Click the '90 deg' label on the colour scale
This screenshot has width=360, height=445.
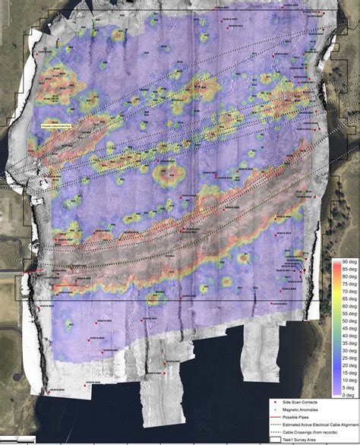349,263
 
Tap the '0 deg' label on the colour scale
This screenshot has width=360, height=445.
349,394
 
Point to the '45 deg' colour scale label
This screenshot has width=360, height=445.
349,329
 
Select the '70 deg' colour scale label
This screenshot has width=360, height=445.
349,292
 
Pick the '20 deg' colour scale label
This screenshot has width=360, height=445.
349,365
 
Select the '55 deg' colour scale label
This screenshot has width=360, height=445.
349,314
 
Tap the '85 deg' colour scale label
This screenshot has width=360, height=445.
349,270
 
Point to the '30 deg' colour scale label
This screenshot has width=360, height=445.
349,351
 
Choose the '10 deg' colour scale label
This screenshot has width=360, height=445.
349,380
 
